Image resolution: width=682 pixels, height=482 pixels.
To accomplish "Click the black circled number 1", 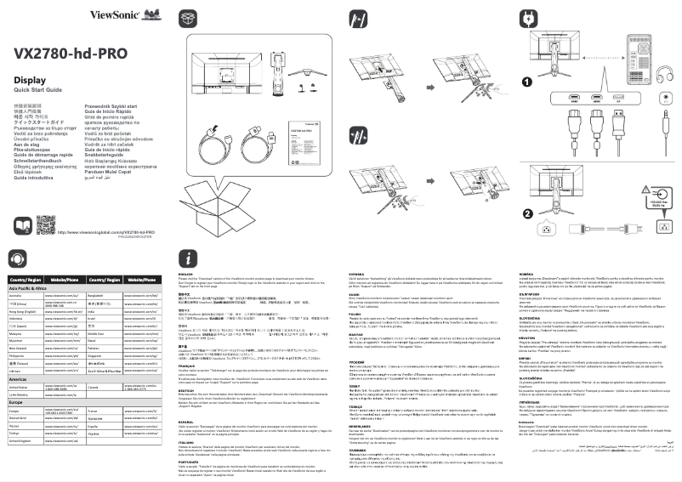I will coord(526,82).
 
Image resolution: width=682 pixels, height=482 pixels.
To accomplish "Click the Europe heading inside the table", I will coord(15,401).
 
